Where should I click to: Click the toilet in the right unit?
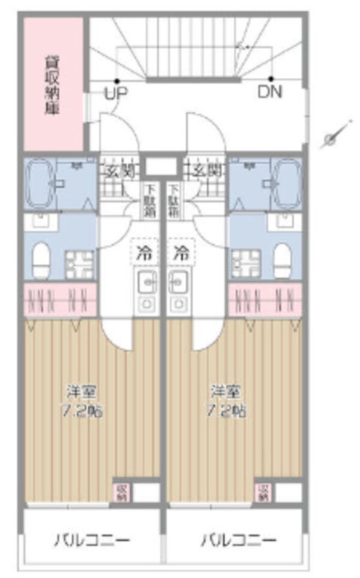pos(282,258)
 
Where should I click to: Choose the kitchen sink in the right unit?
pos(178,281)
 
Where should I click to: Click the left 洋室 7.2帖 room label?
pos(82,402)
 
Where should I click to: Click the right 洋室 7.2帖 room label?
pos(227,402)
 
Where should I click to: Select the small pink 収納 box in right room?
pos(262,492)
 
